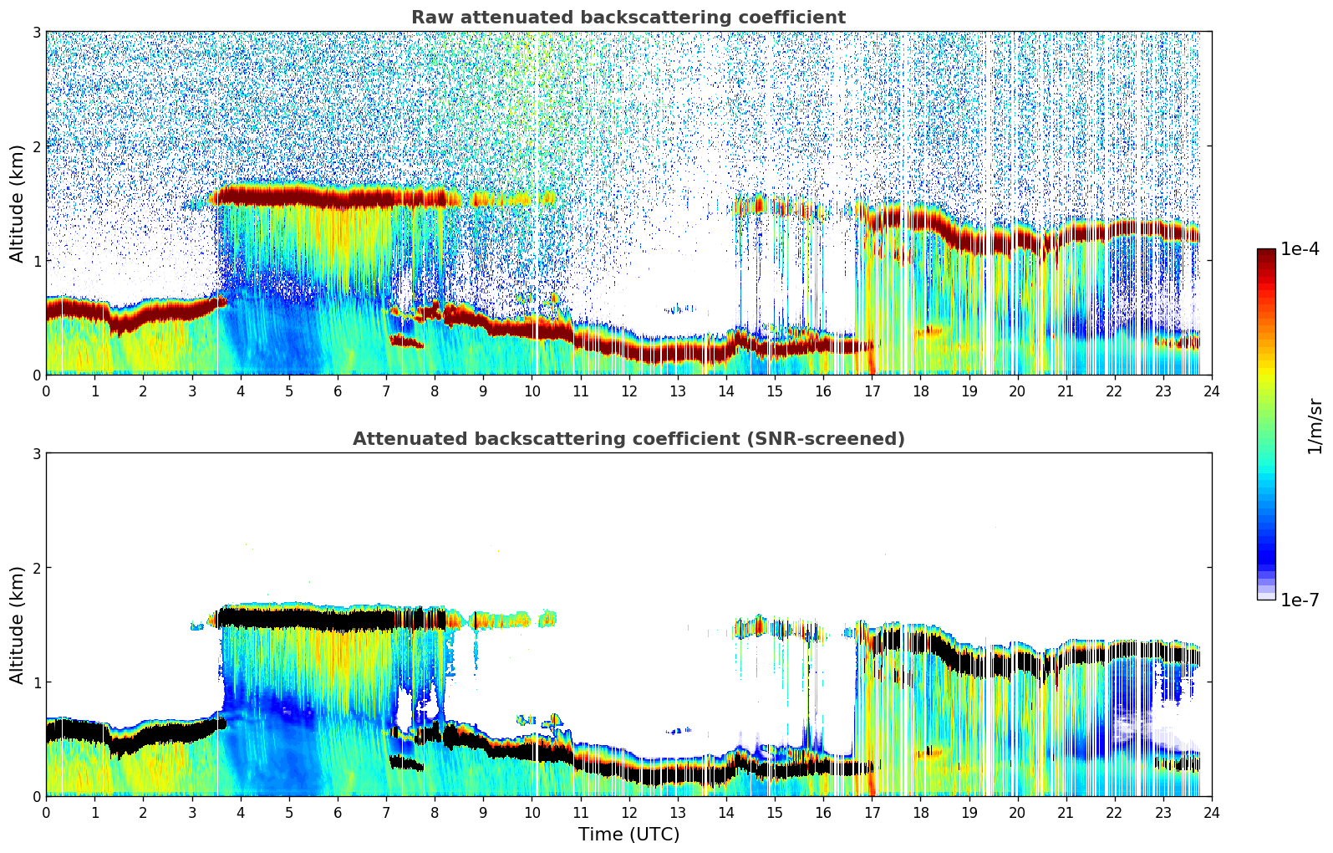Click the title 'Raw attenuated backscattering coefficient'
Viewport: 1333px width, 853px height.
[x=628, y=18]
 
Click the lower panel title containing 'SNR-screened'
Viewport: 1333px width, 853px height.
[x=628, y=439]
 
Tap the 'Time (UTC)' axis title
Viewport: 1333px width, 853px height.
[x=628, y=835]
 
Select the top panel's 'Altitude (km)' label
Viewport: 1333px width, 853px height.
[x=18, y=203]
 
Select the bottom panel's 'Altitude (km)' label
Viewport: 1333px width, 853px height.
[x=18, y=625]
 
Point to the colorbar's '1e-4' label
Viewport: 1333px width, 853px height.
[x=1300, y=249]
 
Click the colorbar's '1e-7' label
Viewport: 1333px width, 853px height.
[x=1300, y=600]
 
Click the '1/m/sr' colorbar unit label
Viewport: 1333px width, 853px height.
[x=1315, y=426]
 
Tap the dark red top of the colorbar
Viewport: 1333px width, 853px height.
[x=1266, y=254]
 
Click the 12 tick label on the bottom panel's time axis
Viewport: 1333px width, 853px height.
[x=628, y=813]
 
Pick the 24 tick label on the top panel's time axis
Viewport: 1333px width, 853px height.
[x=1211, y=391]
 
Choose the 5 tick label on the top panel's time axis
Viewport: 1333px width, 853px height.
[x=289, y=391]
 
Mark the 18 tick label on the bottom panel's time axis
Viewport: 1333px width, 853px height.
[x=920, y=813]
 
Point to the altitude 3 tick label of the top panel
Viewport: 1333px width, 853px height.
[x=36, y=32]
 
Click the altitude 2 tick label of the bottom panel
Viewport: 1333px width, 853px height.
[x=36, y=568]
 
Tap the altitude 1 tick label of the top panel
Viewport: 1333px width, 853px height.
[x=36, y=261]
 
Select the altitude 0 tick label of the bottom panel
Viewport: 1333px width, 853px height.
[x=36, y=797]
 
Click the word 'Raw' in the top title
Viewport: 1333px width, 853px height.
[x=430, y=18]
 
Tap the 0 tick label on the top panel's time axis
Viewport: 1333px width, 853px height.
[x=46, y=391]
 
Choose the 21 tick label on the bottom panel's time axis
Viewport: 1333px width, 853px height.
[x=1066, y=813]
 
